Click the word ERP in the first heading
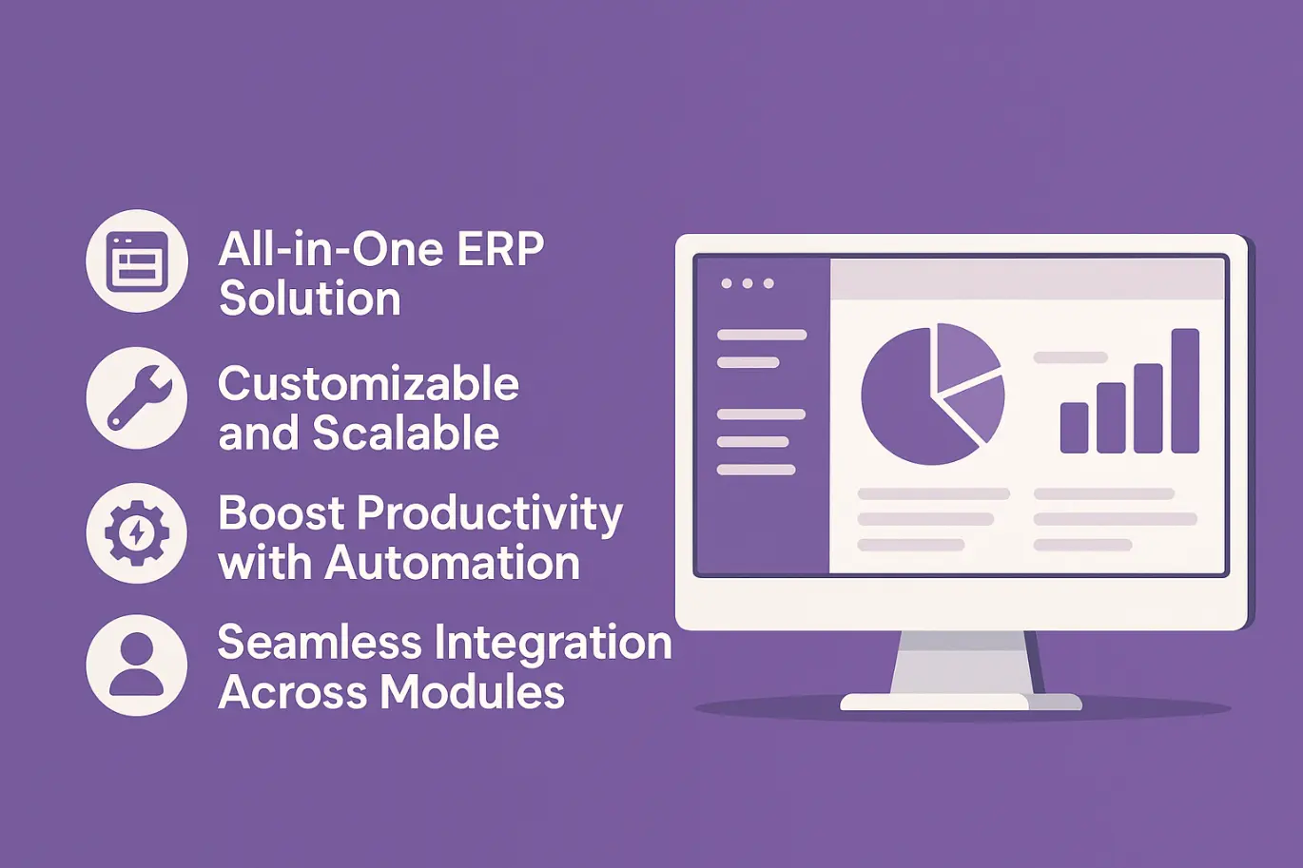[500, 249]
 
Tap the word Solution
[310, 299]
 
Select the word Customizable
[368, 384]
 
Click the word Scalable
[405, 434]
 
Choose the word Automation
[452, 563]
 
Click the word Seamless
[320, 643]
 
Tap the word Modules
[472, 692]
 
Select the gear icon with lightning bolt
[137, 533]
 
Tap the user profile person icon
[137, 665]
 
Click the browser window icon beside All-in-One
[137, 261]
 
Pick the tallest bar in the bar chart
[1185, 391]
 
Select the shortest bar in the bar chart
[1074, 427]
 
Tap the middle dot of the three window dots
[748, 283]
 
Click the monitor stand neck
[963, 663]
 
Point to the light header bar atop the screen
[1027, 280]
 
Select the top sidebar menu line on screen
[762, 335]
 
